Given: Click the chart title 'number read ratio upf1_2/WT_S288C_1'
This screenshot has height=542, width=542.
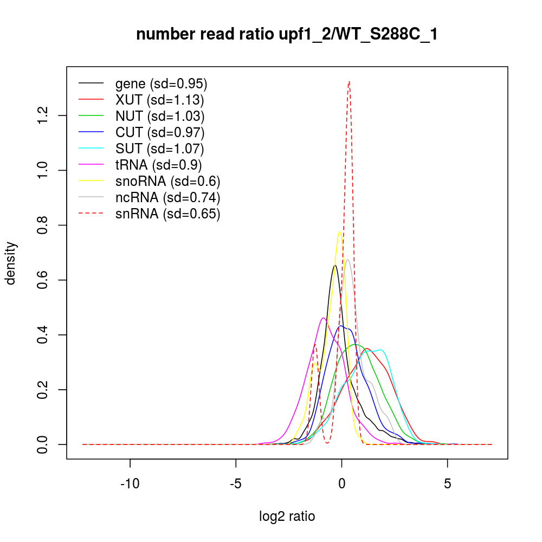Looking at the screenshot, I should click(287, 34).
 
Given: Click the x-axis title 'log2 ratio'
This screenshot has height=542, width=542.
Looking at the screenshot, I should click(287, 516).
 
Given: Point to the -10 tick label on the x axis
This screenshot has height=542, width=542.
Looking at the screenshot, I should click(130, 484).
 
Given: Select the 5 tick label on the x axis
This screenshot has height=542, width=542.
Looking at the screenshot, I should click(447, 484).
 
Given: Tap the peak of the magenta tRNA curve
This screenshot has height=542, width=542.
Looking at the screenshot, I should click(324, 318).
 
